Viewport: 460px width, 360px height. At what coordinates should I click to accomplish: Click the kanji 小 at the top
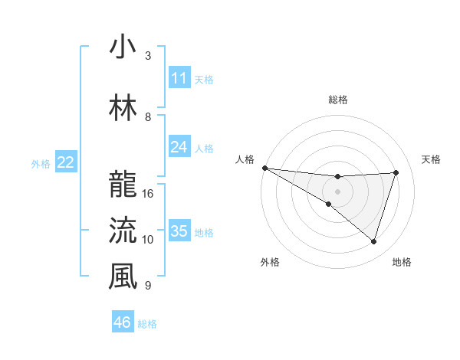[x=123, y=47]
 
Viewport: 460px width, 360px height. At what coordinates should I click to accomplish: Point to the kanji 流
[x=123, y=231]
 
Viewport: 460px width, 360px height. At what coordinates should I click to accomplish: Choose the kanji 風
[x=123, y=277]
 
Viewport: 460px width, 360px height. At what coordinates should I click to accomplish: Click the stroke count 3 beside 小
[x=148, y=56]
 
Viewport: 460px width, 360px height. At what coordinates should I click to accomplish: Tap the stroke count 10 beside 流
[x=148, y=239]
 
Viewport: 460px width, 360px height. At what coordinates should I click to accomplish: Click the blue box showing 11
[x=179, y=78]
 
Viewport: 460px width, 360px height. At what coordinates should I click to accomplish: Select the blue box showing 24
[x=179, y=147]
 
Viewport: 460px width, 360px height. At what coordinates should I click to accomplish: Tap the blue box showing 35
[x=179, y=231]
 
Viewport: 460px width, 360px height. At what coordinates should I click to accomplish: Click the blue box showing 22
[x=66, y=162]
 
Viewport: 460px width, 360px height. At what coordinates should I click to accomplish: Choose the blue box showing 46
[x=123, y=322]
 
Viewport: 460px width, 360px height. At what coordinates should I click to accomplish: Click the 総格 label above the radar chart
[x=338, y=100]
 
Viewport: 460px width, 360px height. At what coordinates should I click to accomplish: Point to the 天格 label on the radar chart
[x=432, y=159]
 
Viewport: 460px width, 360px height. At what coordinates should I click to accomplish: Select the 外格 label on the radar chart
[x=270, y=262]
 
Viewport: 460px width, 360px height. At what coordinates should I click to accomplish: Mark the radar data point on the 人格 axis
[x=264, y=168]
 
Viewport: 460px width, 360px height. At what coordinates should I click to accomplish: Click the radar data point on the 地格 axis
[x=373, y=242]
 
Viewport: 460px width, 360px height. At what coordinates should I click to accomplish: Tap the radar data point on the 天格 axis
[x=396, y=172]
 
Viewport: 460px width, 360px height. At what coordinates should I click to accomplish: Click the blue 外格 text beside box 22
[x=41, y=163]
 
